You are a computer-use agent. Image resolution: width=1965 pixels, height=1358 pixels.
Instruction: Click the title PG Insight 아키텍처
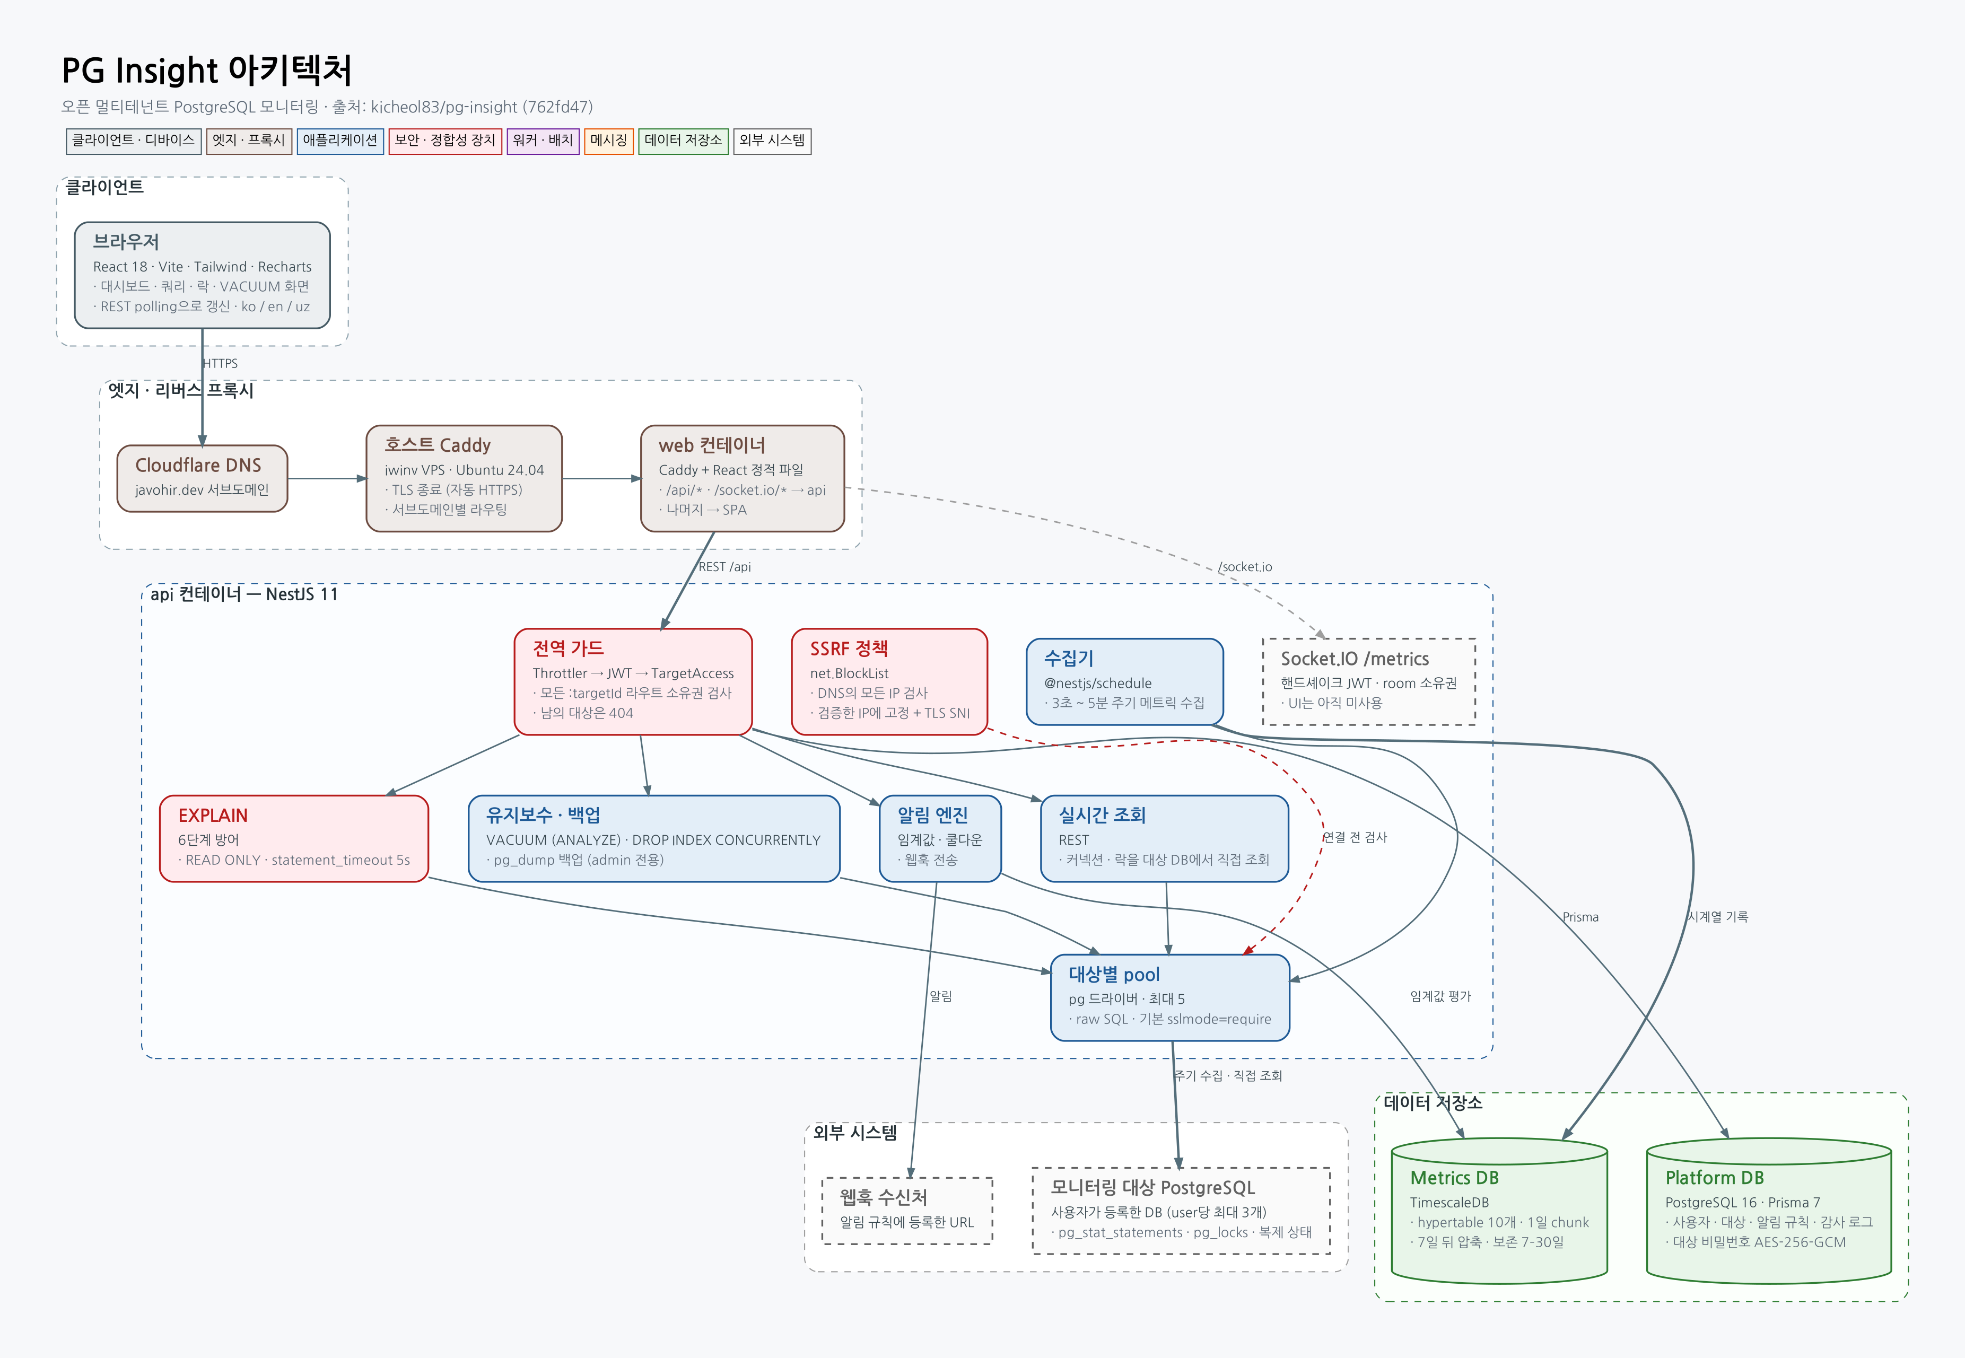[207, 70]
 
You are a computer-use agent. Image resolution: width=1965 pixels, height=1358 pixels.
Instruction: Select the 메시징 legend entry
[608, 141]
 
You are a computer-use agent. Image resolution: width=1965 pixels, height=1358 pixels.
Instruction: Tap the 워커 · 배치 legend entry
[543, 141]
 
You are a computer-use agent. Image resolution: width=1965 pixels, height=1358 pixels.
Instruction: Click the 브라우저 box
[203, 275]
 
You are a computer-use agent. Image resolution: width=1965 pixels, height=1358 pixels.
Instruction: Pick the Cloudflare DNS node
[203, 478]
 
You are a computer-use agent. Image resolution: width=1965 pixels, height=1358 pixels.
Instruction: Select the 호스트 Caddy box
[464, 478]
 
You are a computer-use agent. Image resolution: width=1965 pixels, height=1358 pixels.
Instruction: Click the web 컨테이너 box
[742, 478]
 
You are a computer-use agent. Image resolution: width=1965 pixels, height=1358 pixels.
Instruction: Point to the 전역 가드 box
[633, 681]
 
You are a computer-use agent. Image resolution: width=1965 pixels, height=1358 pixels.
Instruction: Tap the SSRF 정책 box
[889, 681]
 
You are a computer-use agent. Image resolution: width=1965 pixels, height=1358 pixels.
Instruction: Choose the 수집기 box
[1124, 681]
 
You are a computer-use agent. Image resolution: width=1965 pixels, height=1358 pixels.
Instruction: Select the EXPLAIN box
[294, 839]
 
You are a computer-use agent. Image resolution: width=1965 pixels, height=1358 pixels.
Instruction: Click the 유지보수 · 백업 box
[653, 839]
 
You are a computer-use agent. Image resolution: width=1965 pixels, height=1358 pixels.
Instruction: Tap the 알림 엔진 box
[939, 839]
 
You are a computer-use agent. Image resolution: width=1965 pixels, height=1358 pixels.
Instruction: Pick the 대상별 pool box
[1170, 997]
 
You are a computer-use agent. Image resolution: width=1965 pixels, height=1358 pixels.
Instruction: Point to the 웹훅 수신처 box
[907, 1211]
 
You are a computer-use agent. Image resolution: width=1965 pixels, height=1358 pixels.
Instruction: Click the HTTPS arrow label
[221, 363]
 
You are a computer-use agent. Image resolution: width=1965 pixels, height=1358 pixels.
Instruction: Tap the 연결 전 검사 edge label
[1355, 837]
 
